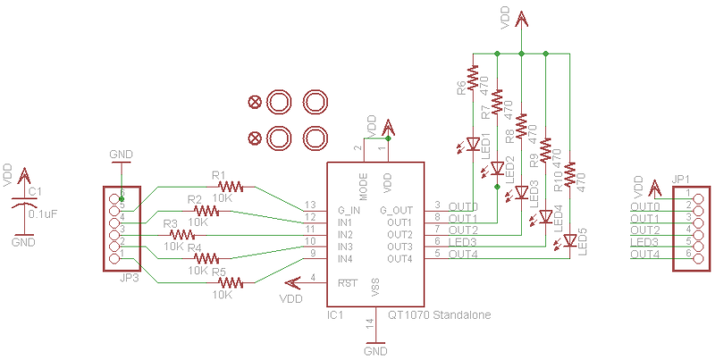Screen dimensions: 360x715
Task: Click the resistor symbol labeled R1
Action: click(231, 187)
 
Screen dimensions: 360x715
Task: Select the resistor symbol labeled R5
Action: click(230, 282)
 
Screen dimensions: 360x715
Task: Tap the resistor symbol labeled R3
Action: click(181, 234)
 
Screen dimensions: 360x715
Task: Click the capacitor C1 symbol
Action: click(21, 204)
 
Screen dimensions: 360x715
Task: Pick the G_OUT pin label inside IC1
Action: click(395, 209)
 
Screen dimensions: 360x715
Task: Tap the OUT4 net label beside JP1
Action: click(645, 255)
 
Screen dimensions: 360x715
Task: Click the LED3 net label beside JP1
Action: click(645, 242)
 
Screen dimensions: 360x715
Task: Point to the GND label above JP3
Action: click(121, 155)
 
